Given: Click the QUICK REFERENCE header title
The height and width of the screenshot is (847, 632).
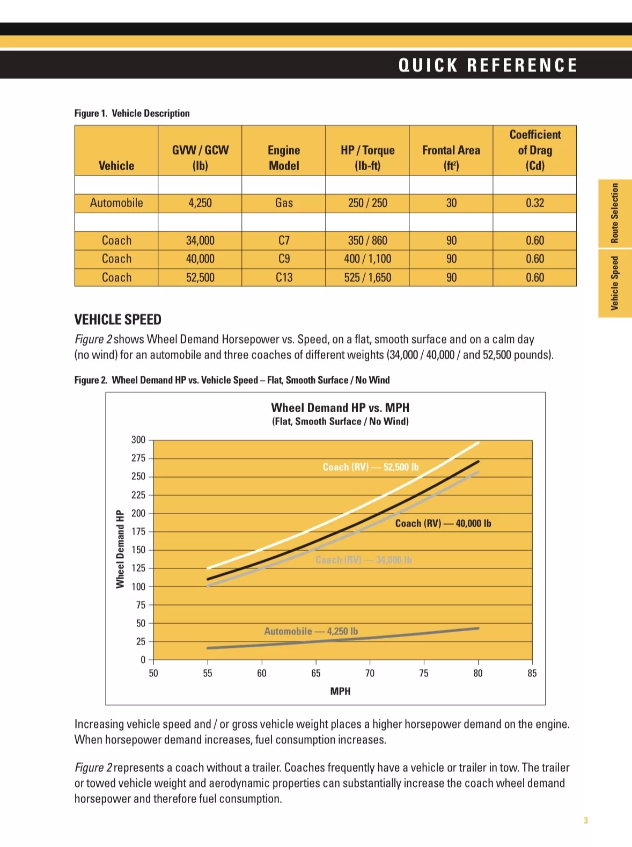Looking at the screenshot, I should click(x=488, y=65).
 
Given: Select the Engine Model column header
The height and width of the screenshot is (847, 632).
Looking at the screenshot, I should click(x=284, y=158).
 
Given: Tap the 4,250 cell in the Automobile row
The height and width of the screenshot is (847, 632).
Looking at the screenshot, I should click(x=200, y=203).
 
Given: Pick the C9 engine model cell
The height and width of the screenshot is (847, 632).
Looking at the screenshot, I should click(x=284, y=259).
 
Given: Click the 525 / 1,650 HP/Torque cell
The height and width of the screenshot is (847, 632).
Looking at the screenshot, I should click(x=368, y=278).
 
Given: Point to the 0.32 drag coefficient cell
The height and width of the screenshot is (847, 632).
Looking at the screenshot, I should click(x=534, y=203).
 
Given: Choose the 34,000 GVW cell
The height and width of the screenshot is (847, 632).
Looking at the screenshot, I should click(x=200, y=240).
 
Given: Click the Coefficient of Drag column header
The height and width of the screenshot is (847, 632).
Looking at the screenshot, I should click(x=534, y=150).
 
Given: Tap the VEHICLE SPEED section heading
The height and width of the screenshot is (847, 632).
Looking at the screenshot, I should click(x=117, y=320).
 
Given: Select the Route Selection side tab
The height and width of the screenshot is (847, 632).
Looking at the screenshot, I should click(x=615, y=213).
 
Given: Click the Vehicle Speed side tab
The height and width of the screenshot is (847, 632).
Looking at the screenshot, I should click(x=615, y=283).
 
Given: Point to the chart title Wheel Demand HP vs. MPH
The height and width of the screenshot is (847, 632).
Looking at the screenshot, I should click(x=340, y=408).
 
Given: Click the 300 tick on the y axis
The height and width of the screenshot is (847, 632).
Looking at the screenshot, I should click(x=138, y=440).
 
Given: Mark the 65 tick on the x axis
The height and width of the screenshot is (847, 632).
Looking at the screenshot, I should click(x=315, y=673).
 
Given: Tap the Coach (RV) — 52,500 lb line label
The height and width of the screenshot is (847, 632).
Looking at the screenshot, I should click(x=370, y=467).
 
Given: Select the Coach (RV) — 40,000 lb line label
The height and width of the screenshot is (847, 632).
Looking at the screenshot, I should click(x=443, y=523).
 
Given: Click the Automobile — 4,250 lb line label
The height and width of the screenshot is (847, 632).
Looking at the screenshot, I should click(x=311, y=631).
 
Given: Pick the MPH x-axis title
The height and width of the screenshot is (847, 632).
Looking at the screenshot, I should click(x=340, y=691).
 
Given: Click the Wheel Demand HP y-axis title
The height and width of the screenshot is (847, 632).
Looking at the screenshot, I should click(x=120, y=549).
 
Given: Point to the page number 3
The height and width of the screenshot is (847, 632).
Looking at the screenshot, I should click(x=586, y=820).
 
